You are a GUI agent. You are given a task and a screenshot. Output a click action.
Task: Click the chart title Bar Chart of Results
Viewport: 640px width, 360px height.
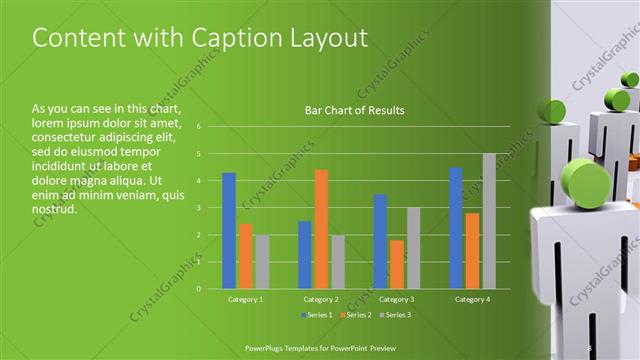point(354,110)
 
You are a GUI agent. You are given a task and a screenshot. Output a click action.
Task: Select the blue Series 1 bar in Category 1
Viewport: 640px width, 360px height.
point(229,231)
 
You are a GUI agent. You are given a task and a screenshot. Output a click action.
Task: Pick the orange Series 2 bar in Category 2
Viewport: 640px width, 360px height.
point(321,229)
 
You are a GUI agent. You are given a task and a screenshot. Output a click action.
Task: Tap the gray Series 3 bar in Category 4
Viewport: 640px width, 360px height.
point(489,221)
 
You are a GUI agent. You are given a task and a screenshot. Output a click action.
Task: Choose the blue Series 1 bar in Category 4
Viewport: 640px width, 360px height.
point(456,228)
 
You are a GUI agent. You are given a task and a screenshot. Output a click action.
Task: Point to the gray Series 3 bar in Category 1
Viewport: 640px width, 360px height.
point(262,262)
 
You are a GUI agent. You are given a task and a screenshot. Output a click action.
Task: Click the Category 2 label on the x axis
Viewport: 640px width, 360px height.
point(321,299)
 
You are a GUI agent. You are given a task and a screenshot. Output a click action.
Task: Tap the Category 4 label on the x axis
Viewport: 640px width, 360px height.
point(472,299)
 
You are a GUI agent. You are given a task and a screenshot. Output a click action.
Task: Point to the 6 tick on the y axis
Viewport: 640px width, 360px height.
point(200,127)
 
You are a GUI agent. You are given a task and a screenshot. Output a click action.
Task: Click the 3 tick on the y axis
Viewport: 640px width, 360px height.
point(200,208)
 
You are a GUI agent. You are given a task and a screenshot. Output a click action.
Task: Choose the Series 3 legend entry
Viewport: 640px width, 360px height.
point(397,316)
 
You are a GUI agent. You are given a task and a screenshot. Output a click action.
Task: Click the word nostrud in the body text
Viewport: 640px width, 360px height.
point(54,209)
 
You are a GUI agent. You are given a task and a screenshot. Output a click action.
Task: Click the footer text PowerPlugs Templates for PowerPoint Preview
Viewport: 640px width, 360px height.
point(328,349)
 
